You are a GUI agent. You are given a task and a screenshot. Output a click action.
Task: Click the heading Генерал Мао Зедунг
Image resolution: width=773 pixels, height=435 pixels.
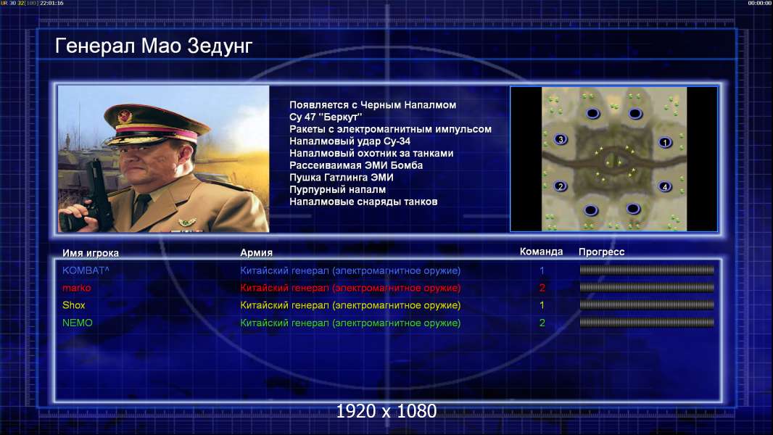click(x=153, y=46)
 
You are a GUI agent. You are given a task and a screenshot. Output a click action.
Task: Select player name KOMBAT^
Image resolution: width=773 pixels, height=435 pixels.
click(x=86, y=270)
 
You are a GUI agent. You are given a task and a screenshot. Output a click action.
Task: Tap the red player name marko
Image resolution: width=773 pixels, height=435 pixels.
click(x=76, y=288)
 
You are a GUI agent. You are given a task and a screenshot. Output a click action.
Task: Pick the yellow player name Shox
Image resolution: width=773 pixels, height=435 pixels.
click(x=73, y=305)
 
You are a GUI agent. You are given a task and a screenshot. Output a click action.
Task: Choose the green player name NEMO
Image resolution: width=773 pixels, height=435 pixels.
click(x=78, y=323)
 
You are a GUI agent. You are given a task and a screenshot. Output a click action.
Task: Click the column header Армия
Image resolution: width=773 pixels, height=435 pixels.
click(x=257, y=253)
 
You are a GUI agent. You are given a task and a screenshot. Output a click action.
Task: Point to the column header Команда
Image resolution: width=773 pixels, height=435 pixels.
click(x=541, y=252)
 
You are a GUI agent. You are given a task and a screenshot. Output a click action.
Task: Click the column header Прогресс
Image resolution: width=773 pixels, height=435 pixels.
click(x=601, y=252)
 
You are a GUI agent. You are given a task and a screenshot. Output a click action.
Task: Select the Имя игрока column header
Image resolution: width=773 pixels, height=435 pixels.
click(x=90, y=253)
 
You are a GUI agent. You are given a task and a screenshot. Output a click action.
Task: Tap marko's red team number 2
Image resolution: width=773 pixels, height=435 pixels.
click(x=542, y=288)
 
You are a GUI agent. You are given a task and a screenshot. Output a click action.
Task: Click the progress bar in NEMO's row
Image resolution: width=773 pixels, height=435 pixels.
click(x=647, y=323)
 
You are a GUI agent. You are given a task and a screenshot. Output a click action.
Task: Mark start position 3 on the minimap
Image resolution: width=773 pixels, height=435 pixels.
click(x=561, y=139)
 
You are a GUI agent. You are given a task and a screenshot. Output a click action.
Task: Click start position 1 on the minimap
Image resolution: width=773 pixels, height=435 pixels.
click(x=665, y=142)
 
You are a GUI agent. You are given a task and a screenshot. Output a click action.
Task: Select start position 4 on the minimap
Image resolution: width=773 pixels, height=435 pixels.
click(x=665, y=187)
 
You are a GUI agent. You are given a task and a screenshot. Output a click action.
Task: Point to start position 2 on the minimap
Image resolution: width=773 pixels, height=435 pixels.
click(x=561, y=186)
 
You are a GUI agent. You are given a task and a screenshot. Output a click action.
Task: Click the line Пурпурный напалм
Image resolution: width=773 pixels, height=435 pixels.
click(x=338, y=190)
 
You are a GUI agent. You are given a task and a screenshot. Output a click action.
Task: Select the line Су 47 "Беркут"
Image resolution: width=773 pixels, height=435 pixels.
click(x=326, y=117)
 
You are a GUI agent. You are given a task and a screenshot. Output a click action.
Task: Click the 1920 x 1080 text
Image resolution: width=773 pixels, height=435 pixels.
click(x=386, y=411)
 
